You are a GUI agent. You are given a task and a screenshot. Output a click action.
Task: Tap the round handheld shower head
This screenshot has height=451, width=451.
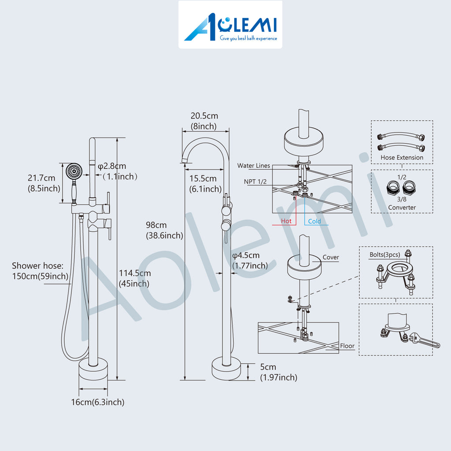pos(74,172)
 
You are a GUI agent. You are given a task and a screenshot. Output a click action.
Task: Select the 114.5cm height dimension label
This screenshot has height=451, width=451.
pos(135,278)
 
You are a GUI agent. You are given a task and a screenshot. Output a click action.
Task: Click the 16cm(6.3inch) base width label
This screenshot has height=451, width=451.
pos(98,402)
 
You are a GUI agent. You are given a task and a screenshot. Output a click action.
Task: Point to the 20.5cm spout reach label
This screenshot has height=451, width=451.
pos(204,121)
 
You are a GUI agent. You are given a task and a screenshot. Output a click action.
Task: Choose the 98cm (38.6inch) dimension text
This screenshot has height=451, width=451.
pos(164,230)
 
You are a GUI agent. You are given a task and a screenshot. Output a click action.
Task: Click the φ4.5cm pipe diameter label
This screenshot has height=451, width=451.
pos(250,260)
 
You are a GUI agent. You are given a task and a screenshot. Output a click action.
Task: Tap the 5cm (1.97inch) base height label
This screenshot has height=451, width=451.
pos(278,372)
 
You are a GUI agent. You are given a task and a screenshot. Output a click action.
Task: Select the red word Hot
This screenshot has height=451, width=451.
pos(286,221)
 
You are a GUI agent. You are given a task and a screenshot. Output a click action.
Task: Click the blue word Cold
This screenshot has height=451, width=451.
pos(314,221)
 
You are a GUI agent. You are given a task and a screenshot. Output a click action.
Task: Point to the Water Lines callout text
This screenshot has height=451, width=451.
pos(253,166)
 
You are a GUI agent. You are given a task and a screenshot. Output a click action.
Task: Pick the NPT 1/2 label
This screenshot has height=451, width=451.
pos(255,181)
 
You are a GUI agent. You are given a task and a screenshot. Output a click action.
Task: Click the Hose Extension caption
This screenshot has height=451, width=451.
pos(402,157)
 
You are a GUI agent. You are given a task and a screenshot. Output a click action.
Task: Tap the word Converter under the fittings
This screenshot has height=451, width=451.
pos(402,207)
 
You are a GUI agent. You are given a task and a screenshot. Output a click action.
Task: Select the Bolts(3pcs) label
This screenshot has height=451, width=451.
pos(384,255)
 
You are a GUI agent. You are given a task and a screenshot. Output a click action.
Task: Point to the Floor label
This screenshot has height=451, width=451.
pos(347,346)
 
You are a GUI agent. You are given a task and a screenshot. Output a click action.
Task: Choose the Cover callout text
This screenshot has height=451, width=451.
pos(331,257)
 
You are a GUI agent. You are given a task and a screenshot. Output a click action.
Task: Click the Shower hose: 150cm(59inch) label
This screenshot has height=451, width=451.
pos(40,271)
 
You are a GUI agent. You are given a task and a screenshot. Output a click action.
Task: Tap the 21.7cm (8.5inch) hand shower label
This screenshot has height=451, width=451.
pos(44,183)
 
